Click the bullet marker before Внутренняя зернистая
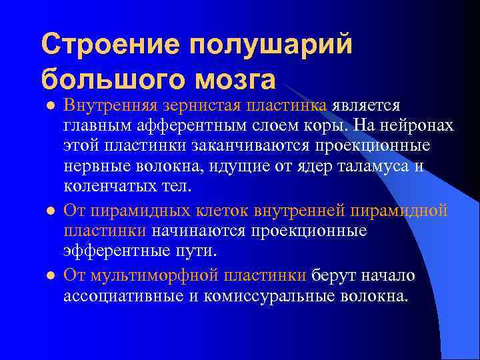(49, 106)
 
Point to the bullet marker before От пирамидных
(49, 210)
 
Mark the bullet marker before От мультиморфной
(49, 275)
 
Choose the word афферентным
(184, 126)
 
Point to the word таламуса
(371, 166)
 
